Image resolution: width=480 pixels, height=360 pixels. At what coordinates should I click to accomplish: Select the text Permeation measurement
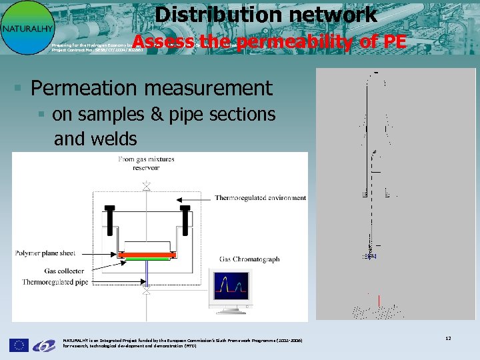pyautogui.click(x=151, y=88)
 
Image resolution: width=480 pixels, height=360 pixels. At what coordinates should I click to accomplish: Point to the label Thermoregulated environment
pyautogui.click(x=260, y=198)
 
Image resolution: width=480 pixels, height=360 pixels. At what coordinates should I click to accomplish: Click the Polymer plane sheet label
pyautogui.click(x=45, y=253)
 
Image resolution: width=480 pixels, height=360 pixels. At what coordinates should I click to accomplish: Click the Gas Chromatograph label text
pyautogui.click(x=249, y=259)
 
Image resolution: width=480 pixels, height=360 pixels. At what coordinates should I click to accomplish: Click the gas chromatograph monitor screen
pyautogui.click(x=229, y=287)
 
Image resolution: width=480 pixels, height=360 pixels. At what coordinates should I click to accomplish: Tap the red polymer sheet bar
pyautogui.click(x=146, y=255)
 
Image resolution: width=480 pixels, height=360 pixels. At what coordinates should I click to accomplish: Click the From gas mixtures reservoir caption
pyautogui.click(x=147, y=163)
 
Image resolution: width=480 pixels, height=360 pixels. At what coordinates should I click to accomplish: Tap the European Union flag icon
pyautogui.click(x=19, y=345)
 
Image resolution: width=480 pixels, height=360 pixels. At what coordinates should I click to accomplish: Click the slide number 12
pyautogui.click(x=448, y=339)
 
